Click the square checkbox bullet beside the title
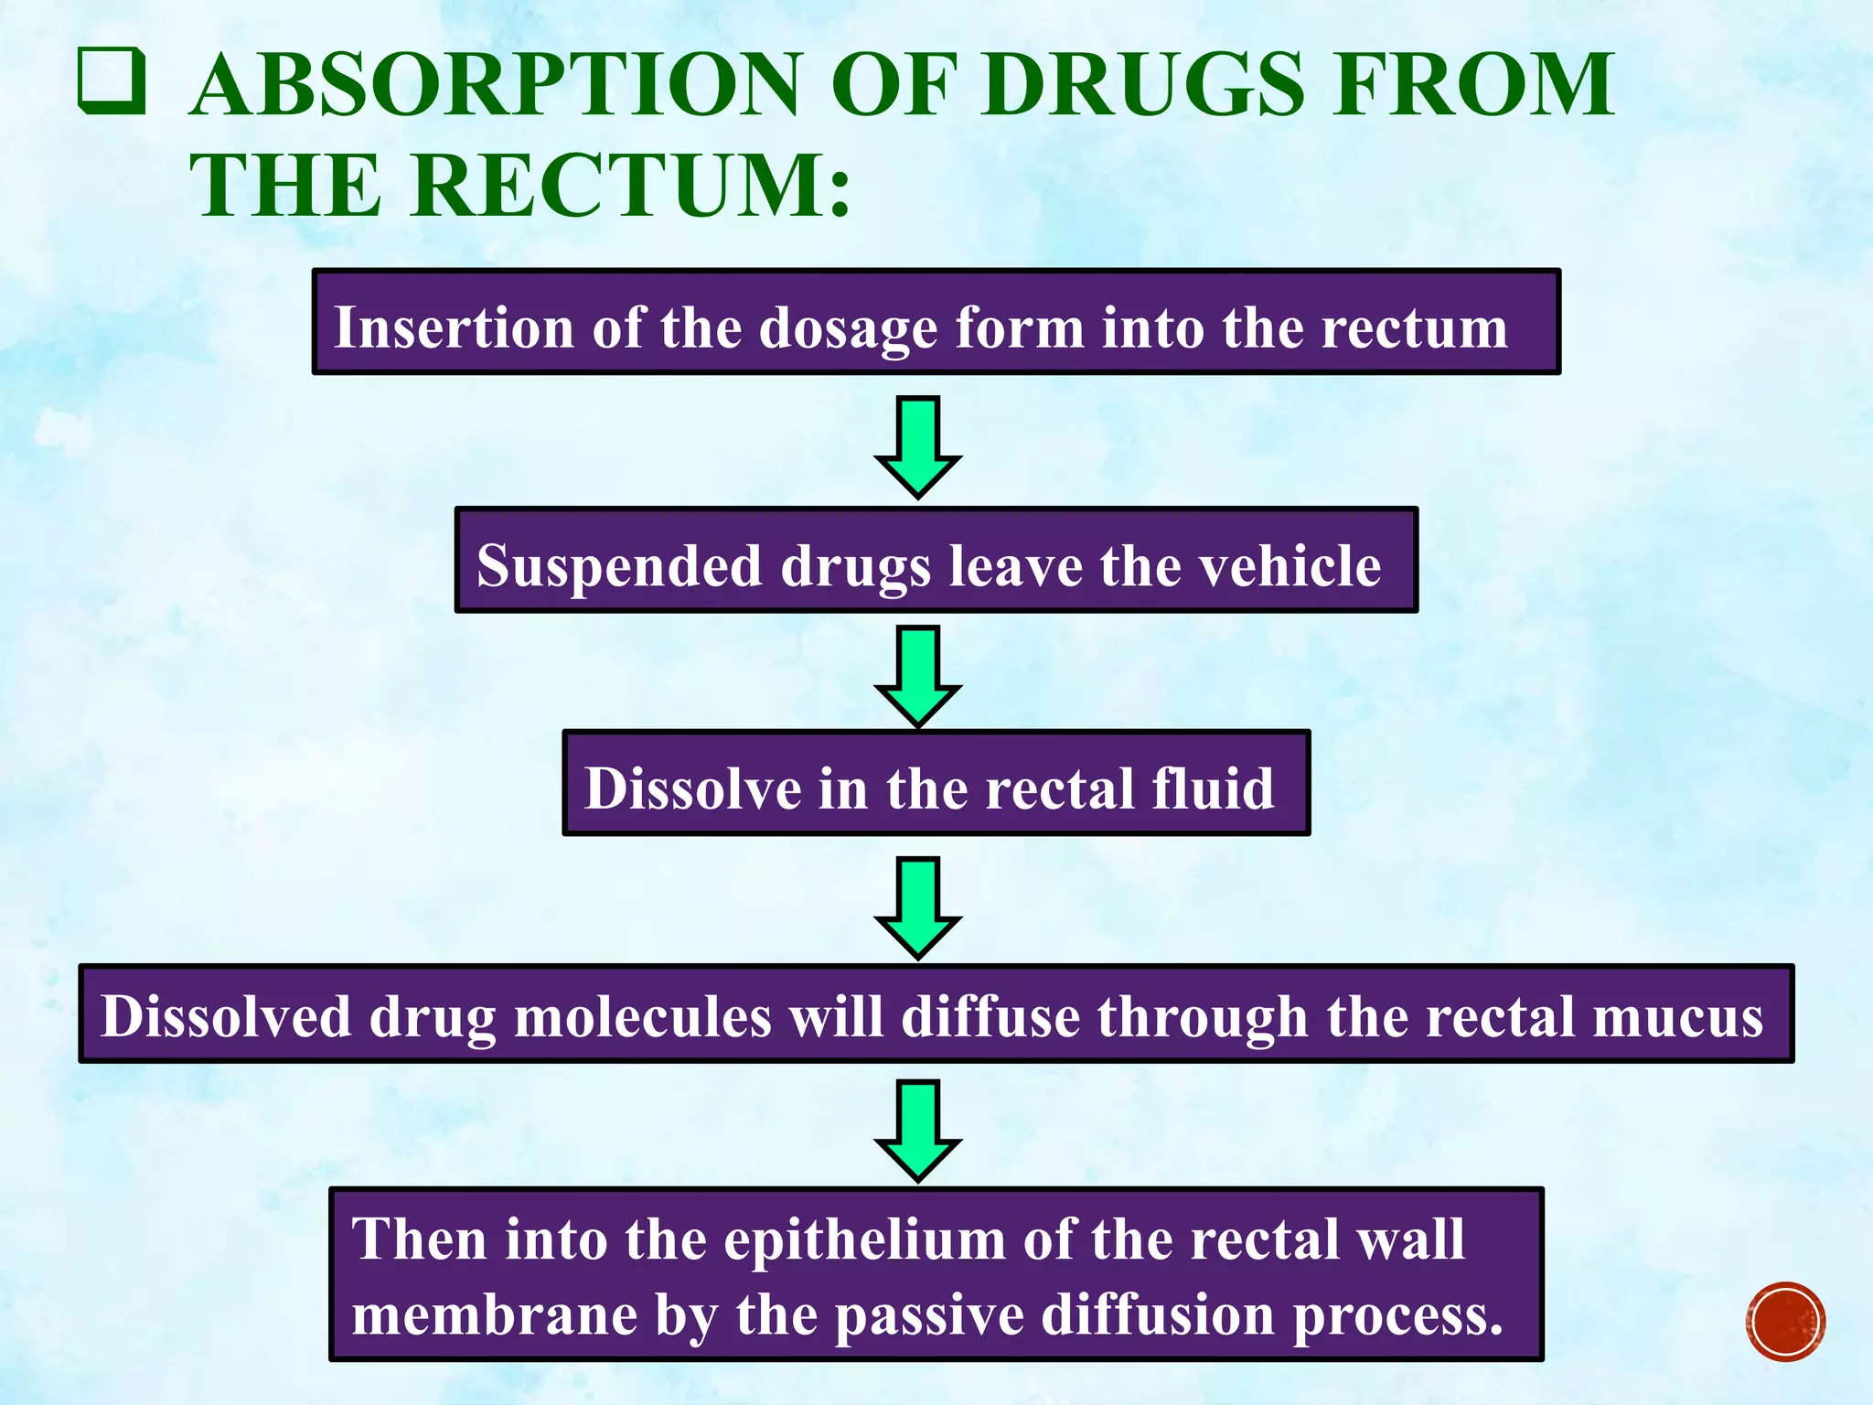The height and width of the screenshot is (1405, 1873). tap(112, 81)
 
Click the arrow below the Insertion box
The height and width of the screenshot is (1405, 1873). tap(917, 445)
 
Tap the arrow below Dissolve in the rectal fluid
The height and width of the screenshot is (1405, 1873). tap(917, 906)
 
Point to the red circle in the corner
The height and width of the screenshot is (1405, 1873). tap(1784, 1321)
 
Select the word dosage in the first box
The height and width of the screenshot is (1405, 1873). tap(849, 329)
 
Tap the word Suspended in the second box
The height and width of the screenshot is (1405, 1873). tap(619, 566)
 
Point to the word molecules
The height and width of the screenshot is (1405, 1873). tap(643, 1016)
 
